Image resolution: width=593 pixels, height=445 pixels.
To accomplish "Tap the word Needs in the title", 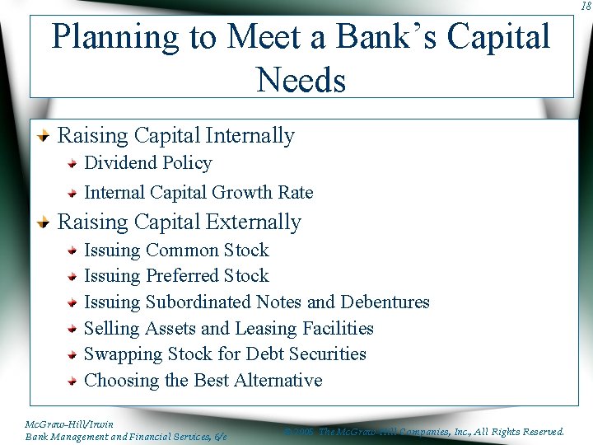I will point(301,80).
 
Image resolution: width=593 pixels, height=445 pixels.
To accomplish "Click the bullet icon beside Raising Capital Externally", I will point(45,222).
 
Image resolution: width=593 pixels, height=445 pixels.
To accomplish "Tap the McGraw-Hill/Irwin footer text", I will point(58,424).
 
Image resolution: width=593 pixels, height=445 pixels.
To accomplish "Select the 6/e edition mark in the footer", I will point(220,436).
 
